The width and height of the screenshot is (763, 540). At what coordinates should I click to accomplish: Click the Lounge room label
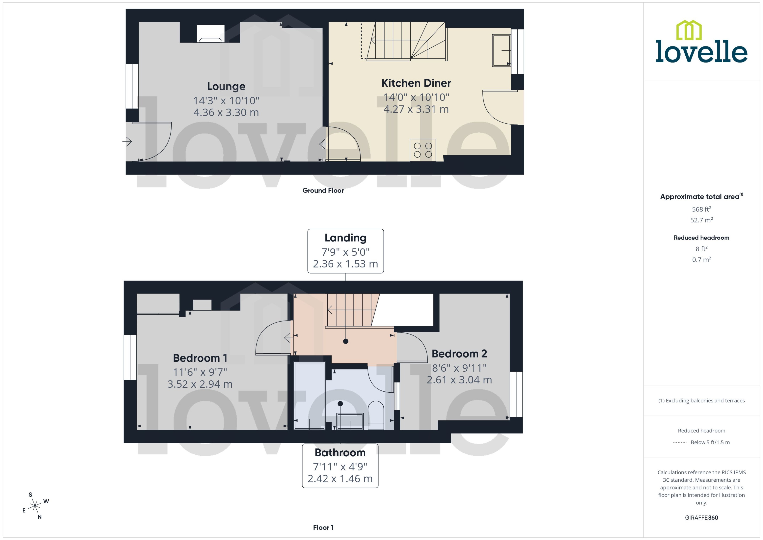(x=226, y=87)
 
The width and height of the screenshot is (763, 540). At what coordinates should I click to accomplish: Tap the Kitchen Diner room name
(x=416, y=83)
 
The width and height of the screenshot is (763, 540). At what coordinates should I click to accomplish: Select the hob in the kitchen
(x=422, y=150)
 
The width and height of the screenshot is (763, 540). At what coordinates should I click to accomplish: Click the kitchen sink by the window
(x=501, y=51)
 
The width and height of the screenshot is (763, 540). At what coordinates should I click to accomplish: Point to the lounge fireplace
(x=210, y=34)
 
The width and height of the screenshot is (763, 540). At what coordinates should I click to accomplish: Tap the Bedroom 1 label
(x=200, y=358)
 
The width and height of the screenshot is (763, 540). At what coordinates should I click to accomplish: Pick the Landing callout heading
(x=346, y=238)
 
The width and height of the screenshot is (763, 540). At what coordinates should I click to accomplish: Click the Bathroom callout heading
(x=340, y=453)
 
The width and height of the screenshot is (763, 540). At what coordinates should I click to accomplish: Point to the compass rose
(x=35, y=506)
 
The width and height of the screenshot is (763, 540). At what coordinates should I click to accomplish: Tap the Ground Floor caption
(x=323, y=191)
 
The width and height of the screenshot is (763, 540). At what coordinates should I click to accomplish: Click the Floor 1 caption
(x=323, y=527)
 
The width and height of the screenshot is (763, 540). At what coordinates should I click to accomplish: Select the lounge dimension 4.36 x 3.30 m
(x=226, y=112)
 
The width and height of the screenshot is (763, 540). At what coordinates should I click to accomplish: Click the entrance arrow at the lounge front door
(x=127, y=142)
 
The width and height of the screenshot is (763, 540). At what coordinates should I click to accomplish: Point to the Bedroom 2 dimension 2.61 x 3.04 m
(x=459, y=380)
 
